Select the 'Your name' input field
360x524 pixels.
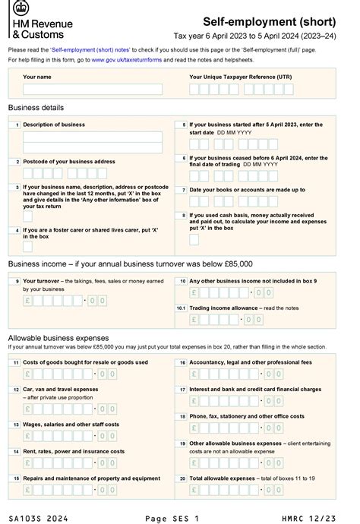(93, 89)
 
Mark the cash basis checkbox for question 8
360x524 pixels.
(194, 239)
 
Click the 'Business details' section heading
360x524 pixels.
(36, 108)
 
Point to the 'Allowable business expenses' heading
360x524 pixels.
(58, 337)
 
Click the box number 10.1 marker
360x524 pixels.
(181, 308)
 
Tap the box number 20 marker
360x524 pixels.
(182, 478)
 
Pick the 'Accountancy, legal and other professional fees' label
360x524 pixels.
(250, 363)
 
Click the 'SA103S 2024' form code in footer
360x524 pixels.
(37, 517)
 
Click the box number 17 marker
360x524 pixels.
(182, 390)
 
